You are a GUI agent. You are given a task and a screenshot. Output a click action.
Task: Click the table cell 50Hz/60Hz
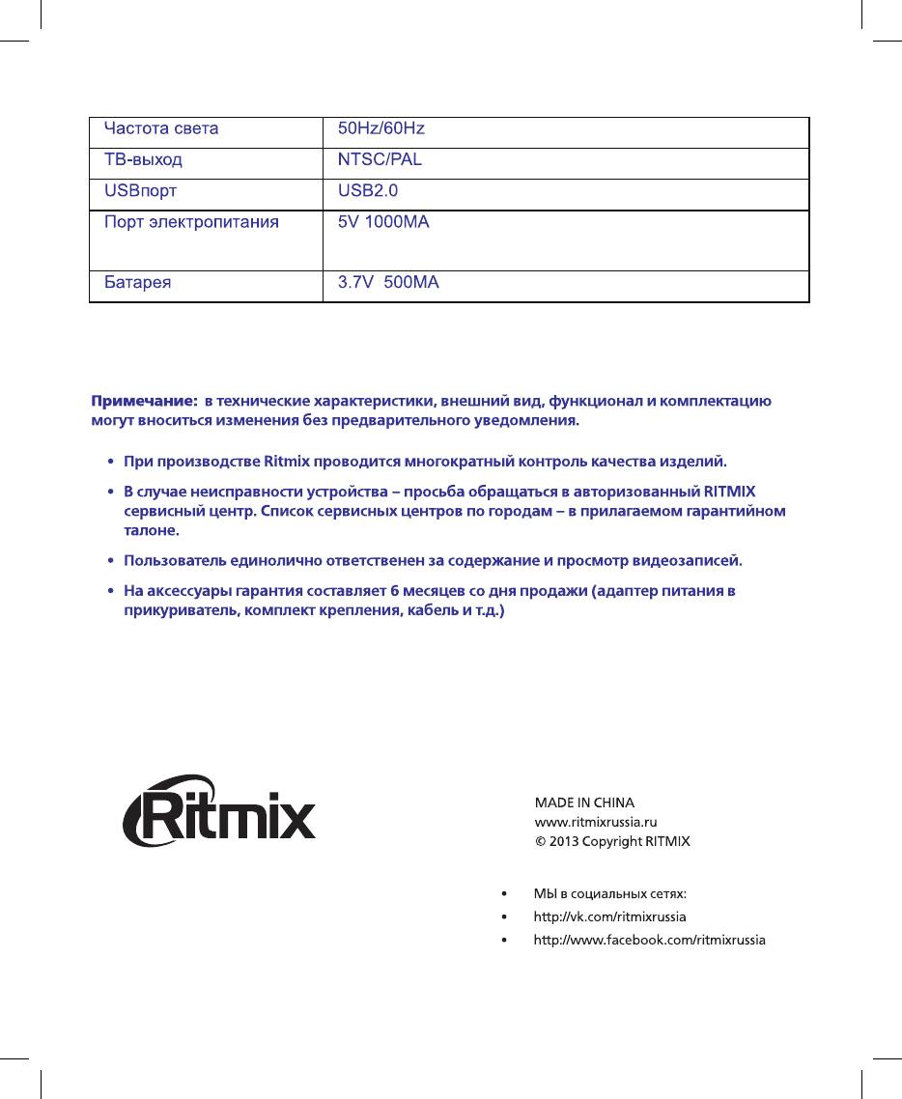tap(381, 128)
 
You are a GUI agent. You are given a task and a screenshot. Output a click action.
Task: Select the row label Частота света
tap(161, 128)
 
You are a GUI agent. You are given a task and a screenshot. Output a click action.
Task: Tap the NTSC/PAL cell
tap(380, 159)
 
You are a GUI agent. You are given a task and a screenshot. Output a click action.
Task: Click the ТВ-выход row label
tap(143, 159)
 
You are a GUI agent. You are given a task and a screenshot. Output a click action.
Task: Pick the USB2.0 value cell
tap(361, 190)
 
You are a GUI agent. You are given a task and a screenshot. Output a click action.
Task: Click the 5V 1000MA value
tap(383, 223)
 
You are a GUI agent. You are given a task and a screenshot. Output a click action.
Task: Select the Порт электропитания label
tap(191, 223)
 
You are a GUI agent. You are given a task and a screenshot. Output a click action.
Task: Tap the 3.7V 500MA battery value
tap(388, 284)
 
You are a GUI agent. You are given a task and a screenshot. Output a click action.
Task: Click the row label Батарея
tap(138, 284)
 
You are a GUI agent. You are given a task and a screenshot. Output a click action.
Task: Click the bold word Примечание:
tap(144, 400)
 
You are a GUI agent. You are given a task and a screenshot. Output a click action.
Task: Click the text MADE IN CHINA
tap(584, 803)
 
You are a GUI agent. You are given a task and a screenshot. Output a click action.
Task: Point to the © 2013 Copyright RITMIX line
tap(612, 841)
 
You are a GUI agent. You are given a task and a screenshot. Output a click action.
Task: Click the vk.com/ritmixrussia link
tap(610, 916)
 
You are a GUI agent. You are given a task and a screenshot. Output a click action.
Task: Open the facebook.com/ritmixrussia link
tap(650, 940)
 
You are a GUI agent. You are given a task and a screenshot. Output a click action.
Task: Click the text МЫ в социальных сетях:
tap(610, 893)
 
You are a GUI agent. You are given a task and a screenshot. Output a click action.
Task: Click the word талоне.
tap(152, 531)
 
